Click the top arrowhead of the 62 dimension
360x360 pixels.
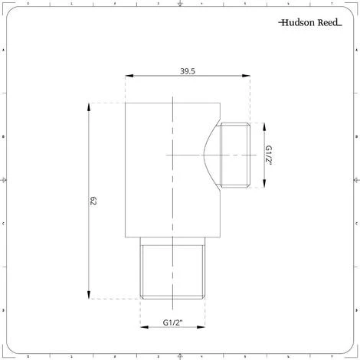[90, 106]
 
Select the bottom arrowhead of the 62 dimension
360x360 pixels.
[90, 297]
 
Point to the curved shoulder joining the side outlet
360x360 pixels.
[210, 154]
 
